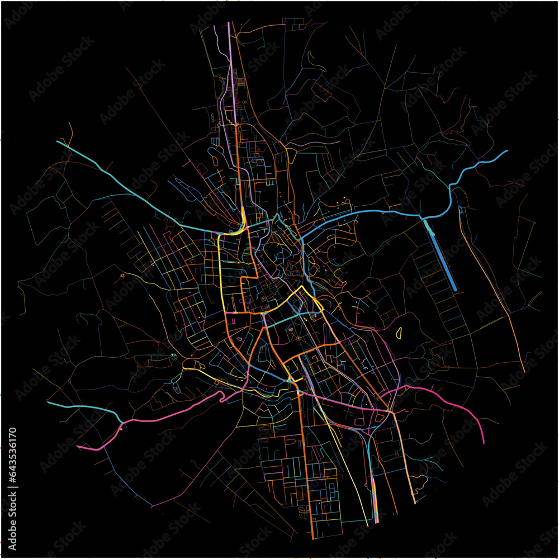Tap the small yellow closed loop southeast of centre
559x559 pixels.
(x=400, y=334)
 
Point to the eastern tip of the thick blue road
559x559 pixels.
(x=507, y=150)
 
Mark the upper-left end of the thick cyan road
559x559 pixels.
(x=58, y=141)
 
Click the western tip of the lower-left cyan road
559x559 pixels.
(x=48, y=402)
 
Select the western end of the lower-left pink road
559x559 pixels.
(x=78, y=447)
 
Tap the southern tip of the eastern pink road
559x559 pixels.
(x=484, y=443)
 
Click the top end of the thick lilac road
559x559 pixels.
(x=229, y=23)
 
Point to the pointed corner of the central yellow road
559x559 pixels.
(x=303, y=287)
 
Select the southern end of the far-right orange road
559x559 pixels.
(x=524, y=371)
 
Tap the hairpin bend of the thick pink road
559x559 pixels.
(x=221, y=398)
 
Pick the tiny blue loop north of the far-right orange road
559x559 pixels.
(x=459, y=210)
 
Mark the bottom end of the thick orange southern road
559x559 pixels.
(x=312, y=538)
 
